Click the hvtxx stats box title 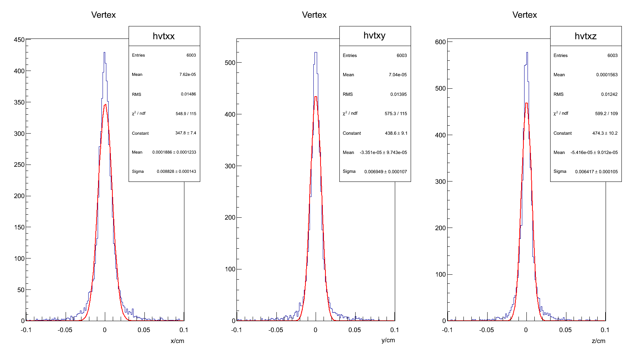164,36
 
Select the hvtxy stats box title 374,35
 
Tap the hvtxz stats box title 585,36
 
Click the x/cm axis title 177,341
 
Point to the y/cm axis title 388,340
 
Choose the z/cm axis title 598,341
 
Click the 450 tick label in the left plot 19,40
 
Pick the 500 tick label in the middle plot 230,63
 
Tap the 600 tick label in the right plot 440,42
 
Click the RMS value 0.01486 188,94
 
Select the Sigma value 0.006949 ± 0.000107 385,172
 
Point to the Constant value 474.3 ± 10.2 605,133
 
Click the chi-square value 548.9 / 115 186,114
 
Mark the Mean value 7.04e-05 398,75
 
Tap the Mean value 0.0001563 607,75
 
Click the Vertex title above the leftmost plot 103,15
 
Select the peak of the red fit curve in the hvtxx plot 105,105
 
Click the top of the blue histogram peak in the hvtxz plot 527,52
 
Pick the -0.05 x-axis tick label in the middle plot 276,330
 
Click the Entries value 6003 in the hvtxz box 612,55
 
